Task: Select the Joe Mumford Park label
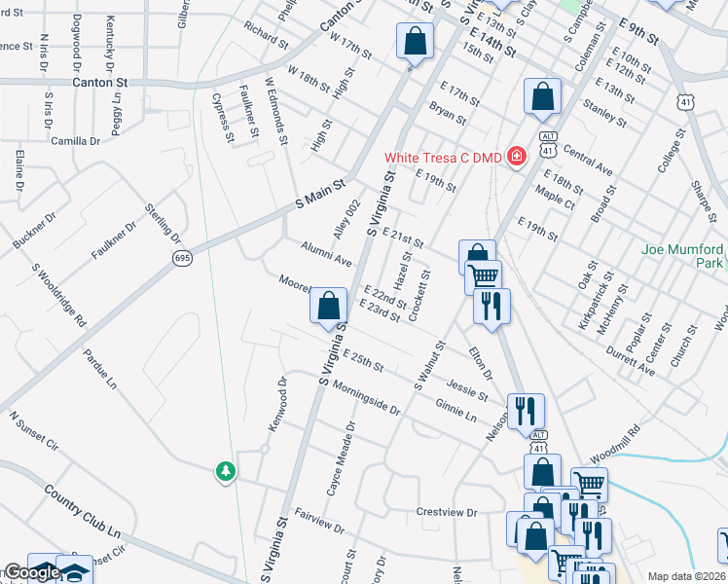pyautogui.click(x=682, y=256)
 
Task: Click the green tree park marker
pyautogui.click(x=226, y=472)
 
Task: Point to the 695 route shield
pyautogui.click(x=182, y=258)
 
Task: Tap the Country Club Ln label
pyautogui.click(x=88, y=519)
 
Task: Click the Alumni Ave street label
pyautogui.click(x=326, y=255)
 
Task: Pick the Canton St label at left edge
pyautogui.click(x=101, y=83)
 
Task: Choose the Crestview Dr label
pyautogui.click(x=448, y=512)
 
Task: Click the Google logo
pyautogui.click(x=32, y=573)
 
